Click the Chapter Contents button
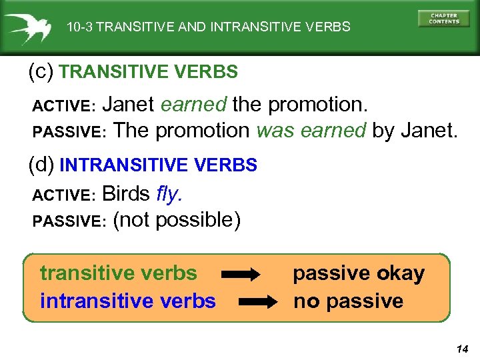[x=443, y=18]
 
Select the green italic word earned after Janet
[x=194, y=105]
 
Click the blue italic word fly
[x=169, y=194]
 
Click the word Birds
[x=126, y=194]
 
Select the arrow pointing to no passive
[x=257, y=301]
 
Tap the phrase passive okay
[x=359, y=273]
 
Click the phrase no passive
[x=348, y=301]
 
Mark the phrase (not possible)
[x=177, y=219]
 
